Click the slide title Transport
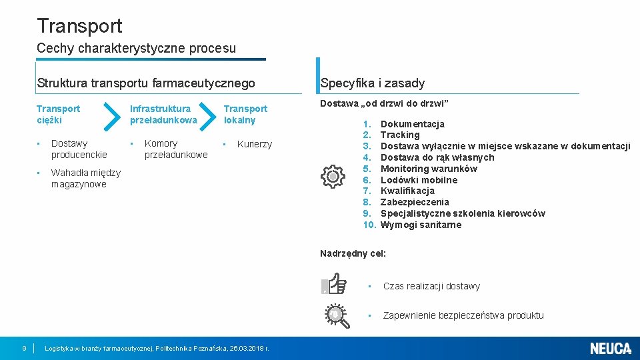(x=80, y=26)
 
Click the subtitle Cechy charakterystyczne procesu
(x=136, y=48)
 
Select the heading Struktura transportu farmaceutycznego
(x=146, y=83)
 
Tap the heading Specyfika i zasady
(x=372, y=83)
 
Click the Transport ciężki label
(x=58, y=114)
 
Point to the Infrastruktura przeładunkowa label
(x=163, y=114)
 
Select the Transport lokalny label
(x=245, y=114)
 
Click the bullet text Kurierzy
(x=255, y=144)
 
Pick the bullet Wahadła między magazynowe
(x=85, y=179)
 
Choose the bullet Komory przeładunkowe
(x=176, y=149)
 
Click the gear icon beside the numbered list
(x=332, y=176)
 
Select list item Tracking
(x=400, y=135)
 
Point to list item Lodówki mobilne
(x=419, y=180)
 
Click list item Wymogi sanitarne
(x=421, y=225)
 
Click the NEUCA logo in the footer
(x=610, y=348)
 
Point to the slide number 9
(x=24, y=348)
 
